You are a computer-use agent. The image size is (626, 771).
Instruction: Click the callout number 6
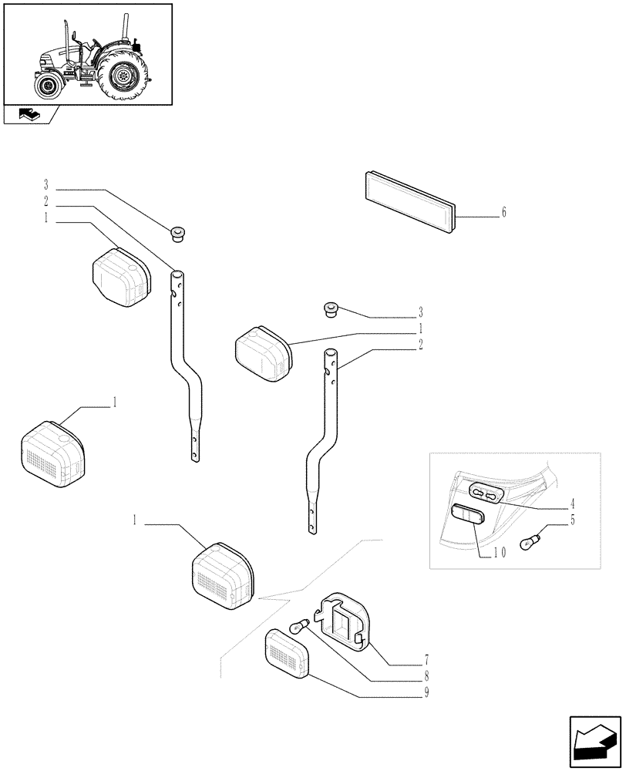click(x=503, y=213)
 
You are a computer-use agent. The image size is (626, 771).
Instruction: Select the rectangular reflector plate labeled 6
click(x=409, y=200)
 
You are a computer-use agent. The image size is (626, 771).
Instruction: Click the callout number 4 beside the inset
click(x=573, y=505)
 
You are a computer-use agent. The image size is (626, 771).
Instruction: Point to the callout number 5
click(x=573, y=521)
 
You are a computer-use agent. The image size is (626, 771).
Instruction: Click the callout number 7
click(x=426, y=662)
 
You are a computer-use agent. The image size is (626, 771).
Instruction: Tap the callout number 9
click(x=426, y=692)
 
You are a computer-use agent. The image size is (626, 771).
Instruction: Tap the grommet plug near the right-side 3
click(x=332, y=310)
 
